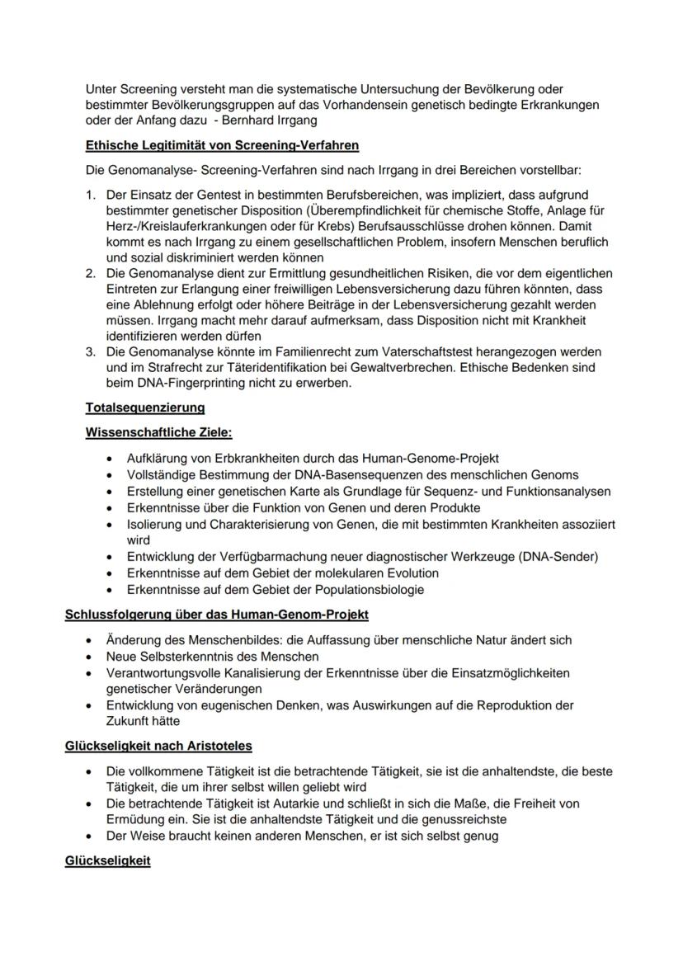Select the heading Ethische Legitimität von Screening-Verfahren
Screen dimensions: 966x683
pyautogui.click(x=222, y=146)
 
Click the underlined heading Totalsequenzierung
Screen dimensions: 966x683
pyautogui.click(x=145, y=408)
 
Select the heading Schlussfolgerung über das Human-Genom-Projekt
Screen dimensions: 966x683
pyautogui.click(x=216, y=615)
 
